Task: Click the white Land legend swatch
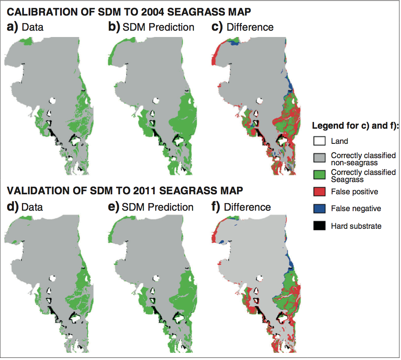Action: pyautogui.click(x=319, y=141)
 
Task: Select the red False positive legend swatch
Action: pyautogui.click(x=319, y=192)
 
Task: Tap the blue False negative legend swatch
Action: pyautogui.click(x=319, y=209)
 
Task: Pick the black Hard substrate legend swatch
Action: pyautogui.click(x=319, y=226)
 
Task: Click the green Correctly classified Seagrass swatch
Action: pyautogui.click(x=319, y=175)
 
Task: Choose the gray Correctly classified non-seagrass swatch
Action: pyautogui.click(x=319, y=158)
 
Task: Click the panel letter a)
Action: pyautogui.click(x=12, y=27)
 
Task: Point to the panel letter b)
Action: pyautogui.click(x=114, y=27)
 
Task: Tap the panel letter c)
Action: pyautogui.click(x=217, y=27)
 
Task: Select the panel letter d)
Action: pyautogui.click(x=12, y=207)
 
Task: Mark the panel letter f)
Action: pyautogui.click(x=215, y=207)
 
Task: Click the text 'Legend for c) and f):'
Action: pyautogui.click(x=355, y=126)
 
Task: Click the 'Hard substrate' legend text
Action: pyautogui.click(x=356, y=226)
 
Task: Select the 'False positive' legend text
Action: pyautogui.click(x=354, y=192)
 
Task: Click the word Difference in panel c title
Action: pyautogui.click(x=250, y=27)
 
